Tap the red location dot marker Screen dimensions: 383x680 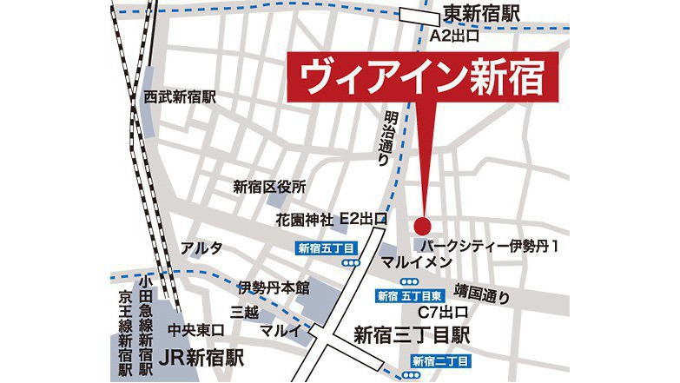click(423, 221)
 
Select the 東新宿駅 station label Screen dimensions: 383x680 click(481, 14)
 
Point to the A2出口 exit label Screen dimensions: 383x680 click(456, 36)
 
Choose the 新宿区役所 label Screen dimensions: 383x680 click(270, 186)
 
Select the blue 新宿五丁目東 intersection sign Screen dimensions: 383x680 click(411, 297)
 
